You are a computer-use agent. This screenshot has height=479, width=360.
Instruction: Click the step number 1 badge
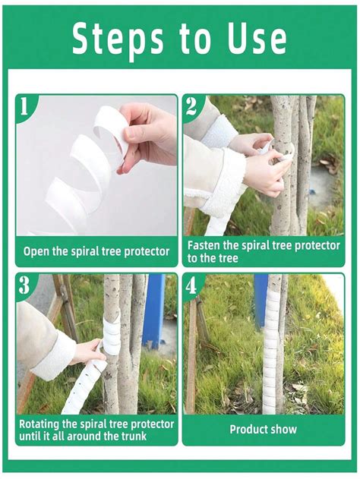[24, 107]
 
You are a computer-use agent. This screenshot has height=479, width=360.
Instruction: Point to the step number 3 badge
[24, 286]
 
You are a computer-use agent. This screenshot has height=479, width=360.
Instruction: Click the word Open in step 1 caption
[36, 251]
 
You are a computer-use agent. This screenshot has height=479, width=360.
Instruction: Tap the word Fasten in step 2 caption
[205, 246]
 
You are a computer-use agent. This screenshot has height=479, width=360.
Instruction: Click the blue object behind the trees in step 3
[154, 311]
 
